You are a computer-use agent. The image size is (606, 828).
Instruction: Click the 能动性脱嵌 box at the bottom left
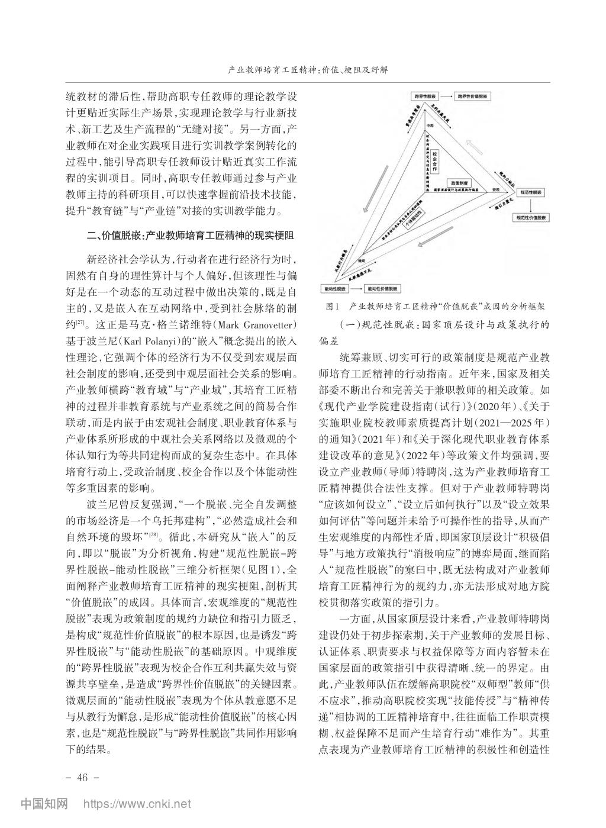335,288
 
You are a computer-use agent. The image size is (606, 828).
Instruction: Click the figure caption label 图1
331,307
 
